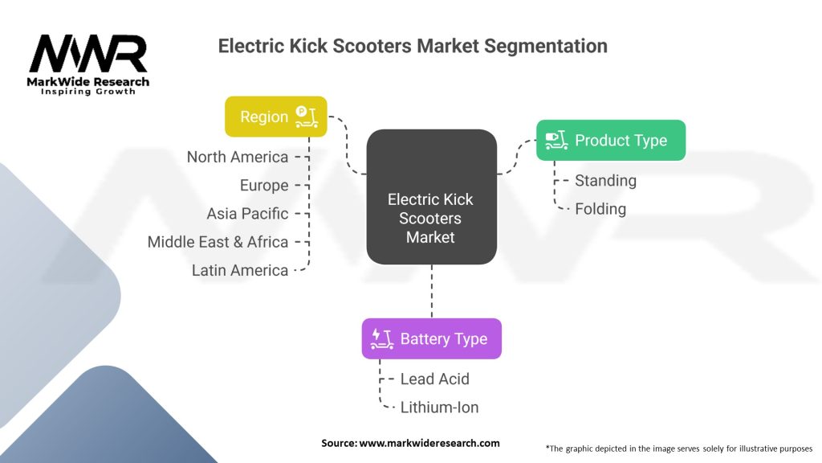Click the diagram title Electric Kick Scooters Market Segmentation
click(x=413, y=46)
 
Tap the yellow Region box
click(x=275, y=117)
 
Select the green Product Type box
click(x=610, y=140)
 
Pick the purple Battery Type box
click(x=431, y=338)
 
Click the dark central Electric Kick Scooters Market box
click(x=431, y=196)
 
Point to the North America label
click(x=237, y=157)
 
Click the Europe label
click(x=263, y=186)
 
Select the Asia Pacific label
click(x=247, y=214)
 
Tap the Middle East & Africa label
click(x=218, y=242)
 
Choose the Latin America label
click(x=239, y=270)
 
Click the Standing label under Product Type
click(x=605, y=181)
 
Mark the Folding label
click(x=600, y=209)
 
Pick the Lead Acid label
click(x=434, y=379)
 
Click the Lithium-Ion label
click(x=439, y=408)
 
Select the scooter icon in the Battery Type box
click(x=381, y=338)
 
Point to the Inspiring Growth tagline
click(x=88, y=92)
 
